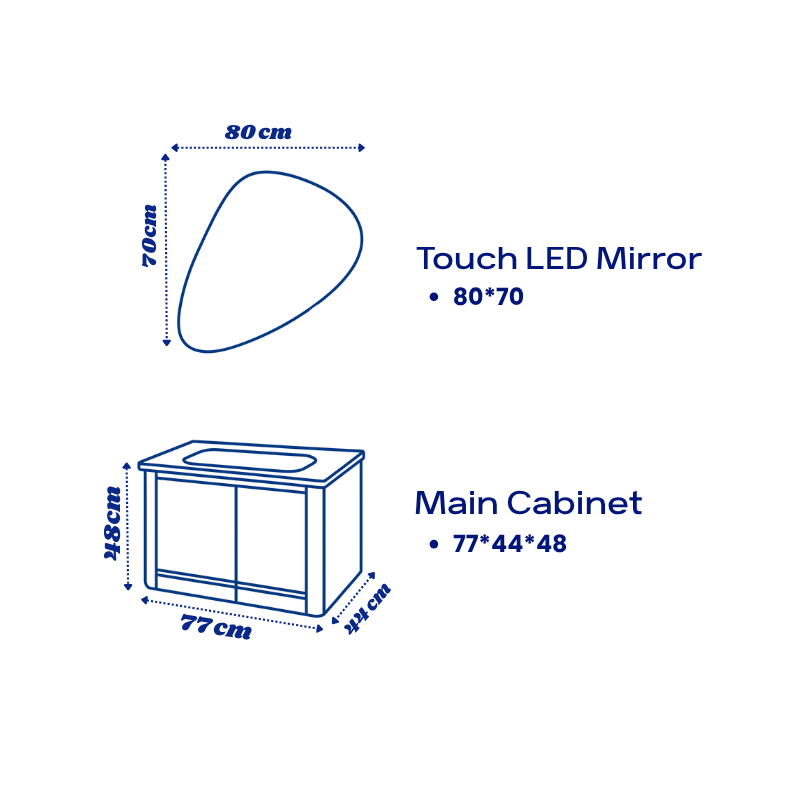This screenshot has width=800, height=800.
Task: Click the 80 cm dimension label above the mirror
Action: pos(258,132)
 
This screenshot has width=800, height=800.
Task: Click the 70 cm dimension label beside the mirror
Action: pos(148,235)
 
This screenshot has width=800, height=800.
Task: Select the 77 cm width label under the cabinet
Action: pos(215,628)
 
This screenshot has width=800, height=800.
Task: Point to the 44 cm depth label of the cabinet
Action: pos(367,609)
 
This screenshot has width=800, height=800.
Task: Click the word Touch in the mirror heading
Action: pos(466,259)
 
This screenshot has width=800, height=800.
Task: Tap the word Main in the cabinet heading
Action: pos(456,503)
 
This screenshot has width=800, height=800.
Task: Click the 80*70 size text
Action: pos(488,297)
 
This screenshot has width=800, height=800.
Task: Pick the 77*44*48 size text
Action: pos(509,544)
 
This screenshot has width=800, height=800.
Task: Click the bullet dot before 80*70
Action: pos(434,297)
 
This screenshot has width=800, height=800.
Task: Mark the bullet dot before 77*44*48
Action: pos(434,544)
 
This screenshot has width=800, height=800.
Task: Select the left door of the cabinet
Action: pos(196,530)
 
